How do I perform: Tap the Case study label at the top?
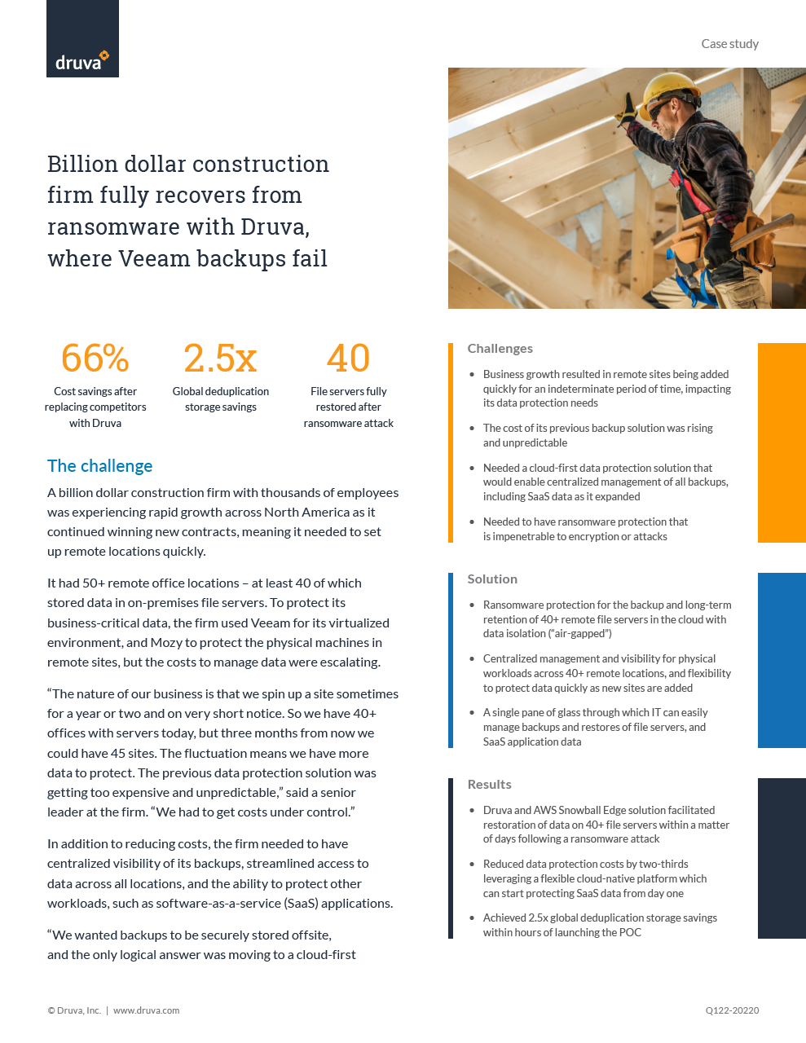729,44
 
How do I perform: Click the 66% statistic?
95,359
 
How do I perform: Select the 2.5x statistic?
220,359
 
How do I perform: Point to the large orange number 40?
348,359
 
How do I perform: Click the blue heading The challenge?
99,466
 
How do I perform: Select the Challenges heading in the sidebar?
500,349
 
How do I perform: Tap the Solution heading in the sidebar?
492,579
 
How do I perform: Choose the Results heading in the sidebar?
489,785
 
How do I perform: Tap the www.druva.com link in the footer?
146,1010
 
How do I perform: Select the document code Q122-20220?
732,1010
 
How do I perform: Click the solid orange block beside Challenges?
782,442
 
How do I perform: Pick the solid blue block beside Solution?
782,660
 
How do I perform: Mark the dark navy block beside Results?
782,858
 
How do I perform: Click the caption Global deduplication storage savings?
220,399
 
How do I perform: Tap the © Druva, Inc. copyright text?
74,1010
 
